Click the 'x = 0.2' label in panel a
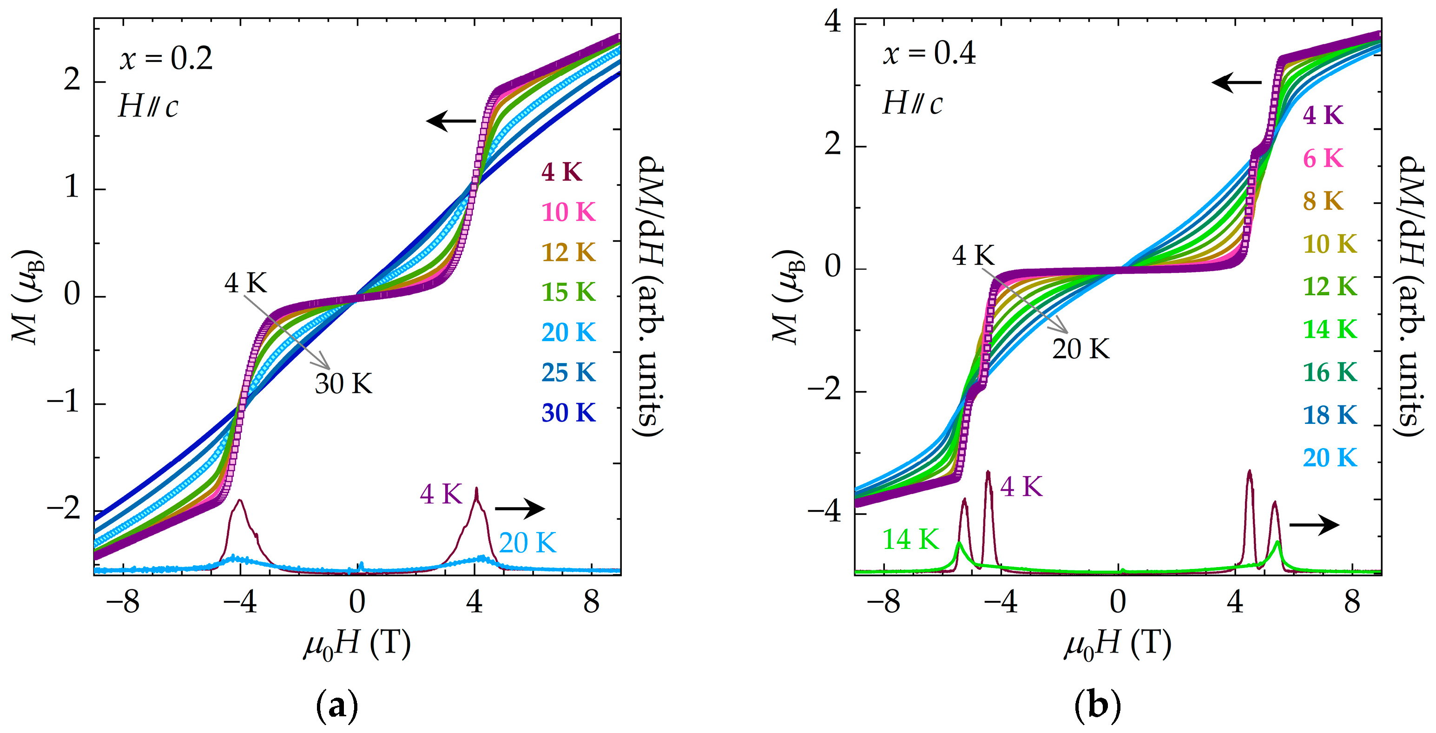(165, 59)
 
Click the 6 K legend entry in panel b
(1323, 159)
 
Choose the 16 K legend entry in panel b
(1330, 372)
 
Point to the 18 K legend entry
(1330, 415)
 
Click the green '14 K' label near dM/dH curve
(910, 540)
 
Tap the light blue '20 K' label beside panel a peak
(527, 543)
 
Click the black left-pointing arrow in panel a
(450, 120)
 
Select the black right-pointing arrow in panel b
(1314, 524)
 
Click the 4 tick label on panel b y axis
(833, 23)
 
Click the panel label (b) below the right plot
(1097, 706)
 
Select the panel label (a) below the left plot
(337, 706)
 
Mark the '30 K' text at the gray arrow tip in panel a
(343, 383)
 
